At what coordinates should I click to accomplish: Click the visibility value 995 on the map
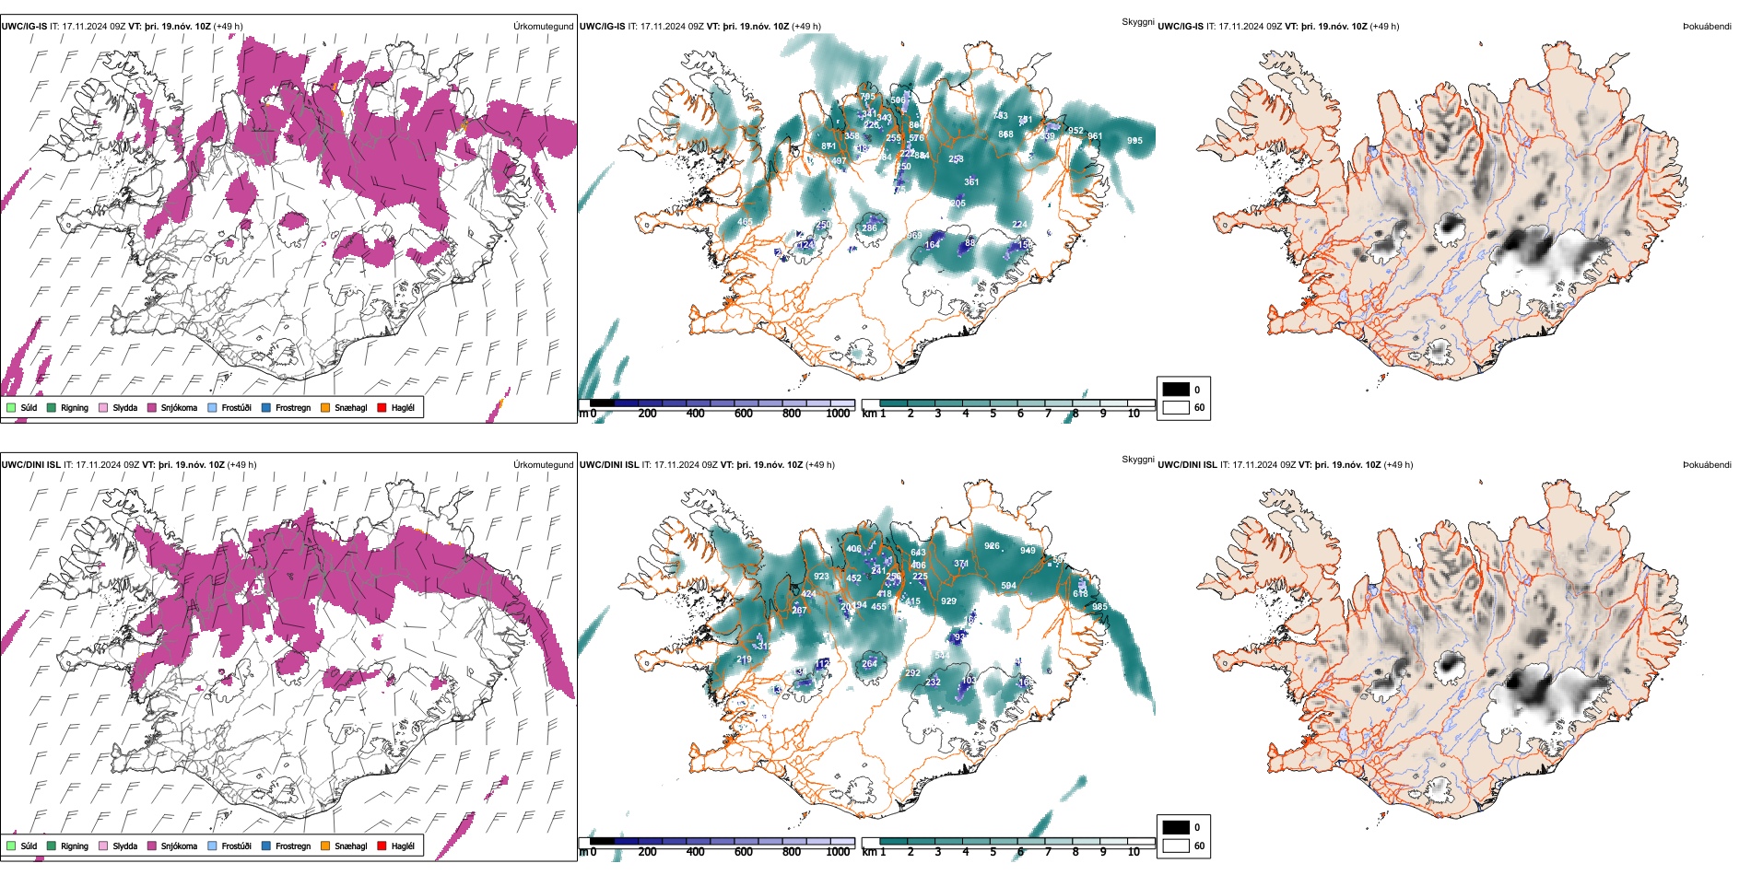click(x=1134, y=141)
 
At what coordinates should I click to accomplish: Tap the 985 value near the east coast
click(x=1099, y=607)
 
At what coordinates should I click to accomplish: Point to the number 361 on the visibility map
click(x=971, y=182)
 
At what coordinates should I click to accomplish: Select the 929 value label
click(x=948, y=601)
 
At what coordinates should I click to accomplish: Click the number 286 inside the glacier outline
click(x=869, y=228)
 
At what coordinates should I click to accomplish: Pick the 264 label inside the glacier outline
click(x=869, y=663)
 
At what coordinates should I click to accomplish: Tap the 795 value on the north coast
click(x=867, y=97)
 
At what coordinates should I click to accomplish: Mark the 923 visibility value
click(x=821, y=577)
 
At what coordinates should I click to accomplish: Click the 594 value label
click(x=1008, y=586)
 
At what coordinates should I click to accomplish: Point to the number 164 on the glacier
click(x=933, y=244)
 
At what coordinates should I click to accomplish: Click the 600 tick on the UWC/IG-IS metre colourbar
click(x=744, y=414)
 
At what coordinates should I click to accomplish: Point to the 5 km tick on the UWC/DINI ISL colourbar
click(x=993, y=852)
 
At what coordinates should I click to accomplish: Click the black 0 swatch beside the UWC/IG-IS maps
click(x=1176, y=390)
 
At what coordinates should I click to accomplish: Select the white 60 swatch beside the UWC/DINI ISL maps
click(x=1176, y=845)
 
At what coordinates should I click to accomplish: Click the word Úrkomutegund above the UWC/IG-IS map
click(x=543, y=26)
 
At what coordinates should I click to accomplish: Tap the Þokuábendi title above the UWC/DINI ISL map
click(x=1707, y=464)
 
